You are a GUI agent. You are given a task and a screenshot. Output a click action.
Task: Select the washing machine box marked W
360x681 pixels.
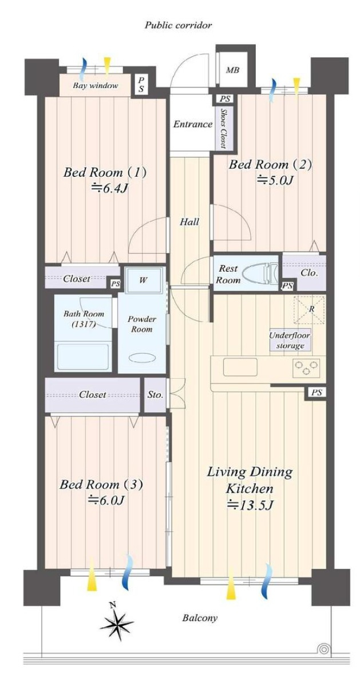point(143,280)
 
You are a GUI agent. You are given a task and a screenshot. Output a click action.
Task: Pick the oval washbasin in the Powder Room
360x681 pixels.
point(142,358)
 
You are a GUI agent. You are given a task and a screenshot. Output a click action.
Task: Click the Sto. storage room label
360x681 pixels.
point(155,395)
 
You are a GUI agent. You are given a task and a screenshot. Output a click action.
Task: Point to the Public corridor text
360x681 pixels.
point(179,25)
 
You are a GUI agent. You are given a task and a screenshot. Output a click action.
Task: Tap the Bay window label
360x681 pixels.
point(95,86)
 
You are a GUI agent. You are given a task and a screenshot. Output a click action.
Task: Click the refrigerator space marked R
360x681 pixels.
point(311,310)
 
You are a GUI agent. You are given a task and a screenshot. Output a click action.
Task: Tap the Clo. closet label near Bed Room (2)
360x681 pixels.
point(310,274)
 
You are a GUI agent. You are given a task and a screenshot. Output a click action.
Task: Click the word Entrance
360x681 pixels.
point(193,125)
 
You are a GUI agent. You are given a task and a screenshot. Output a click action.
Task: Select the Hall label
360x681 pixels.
point(190,223)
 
